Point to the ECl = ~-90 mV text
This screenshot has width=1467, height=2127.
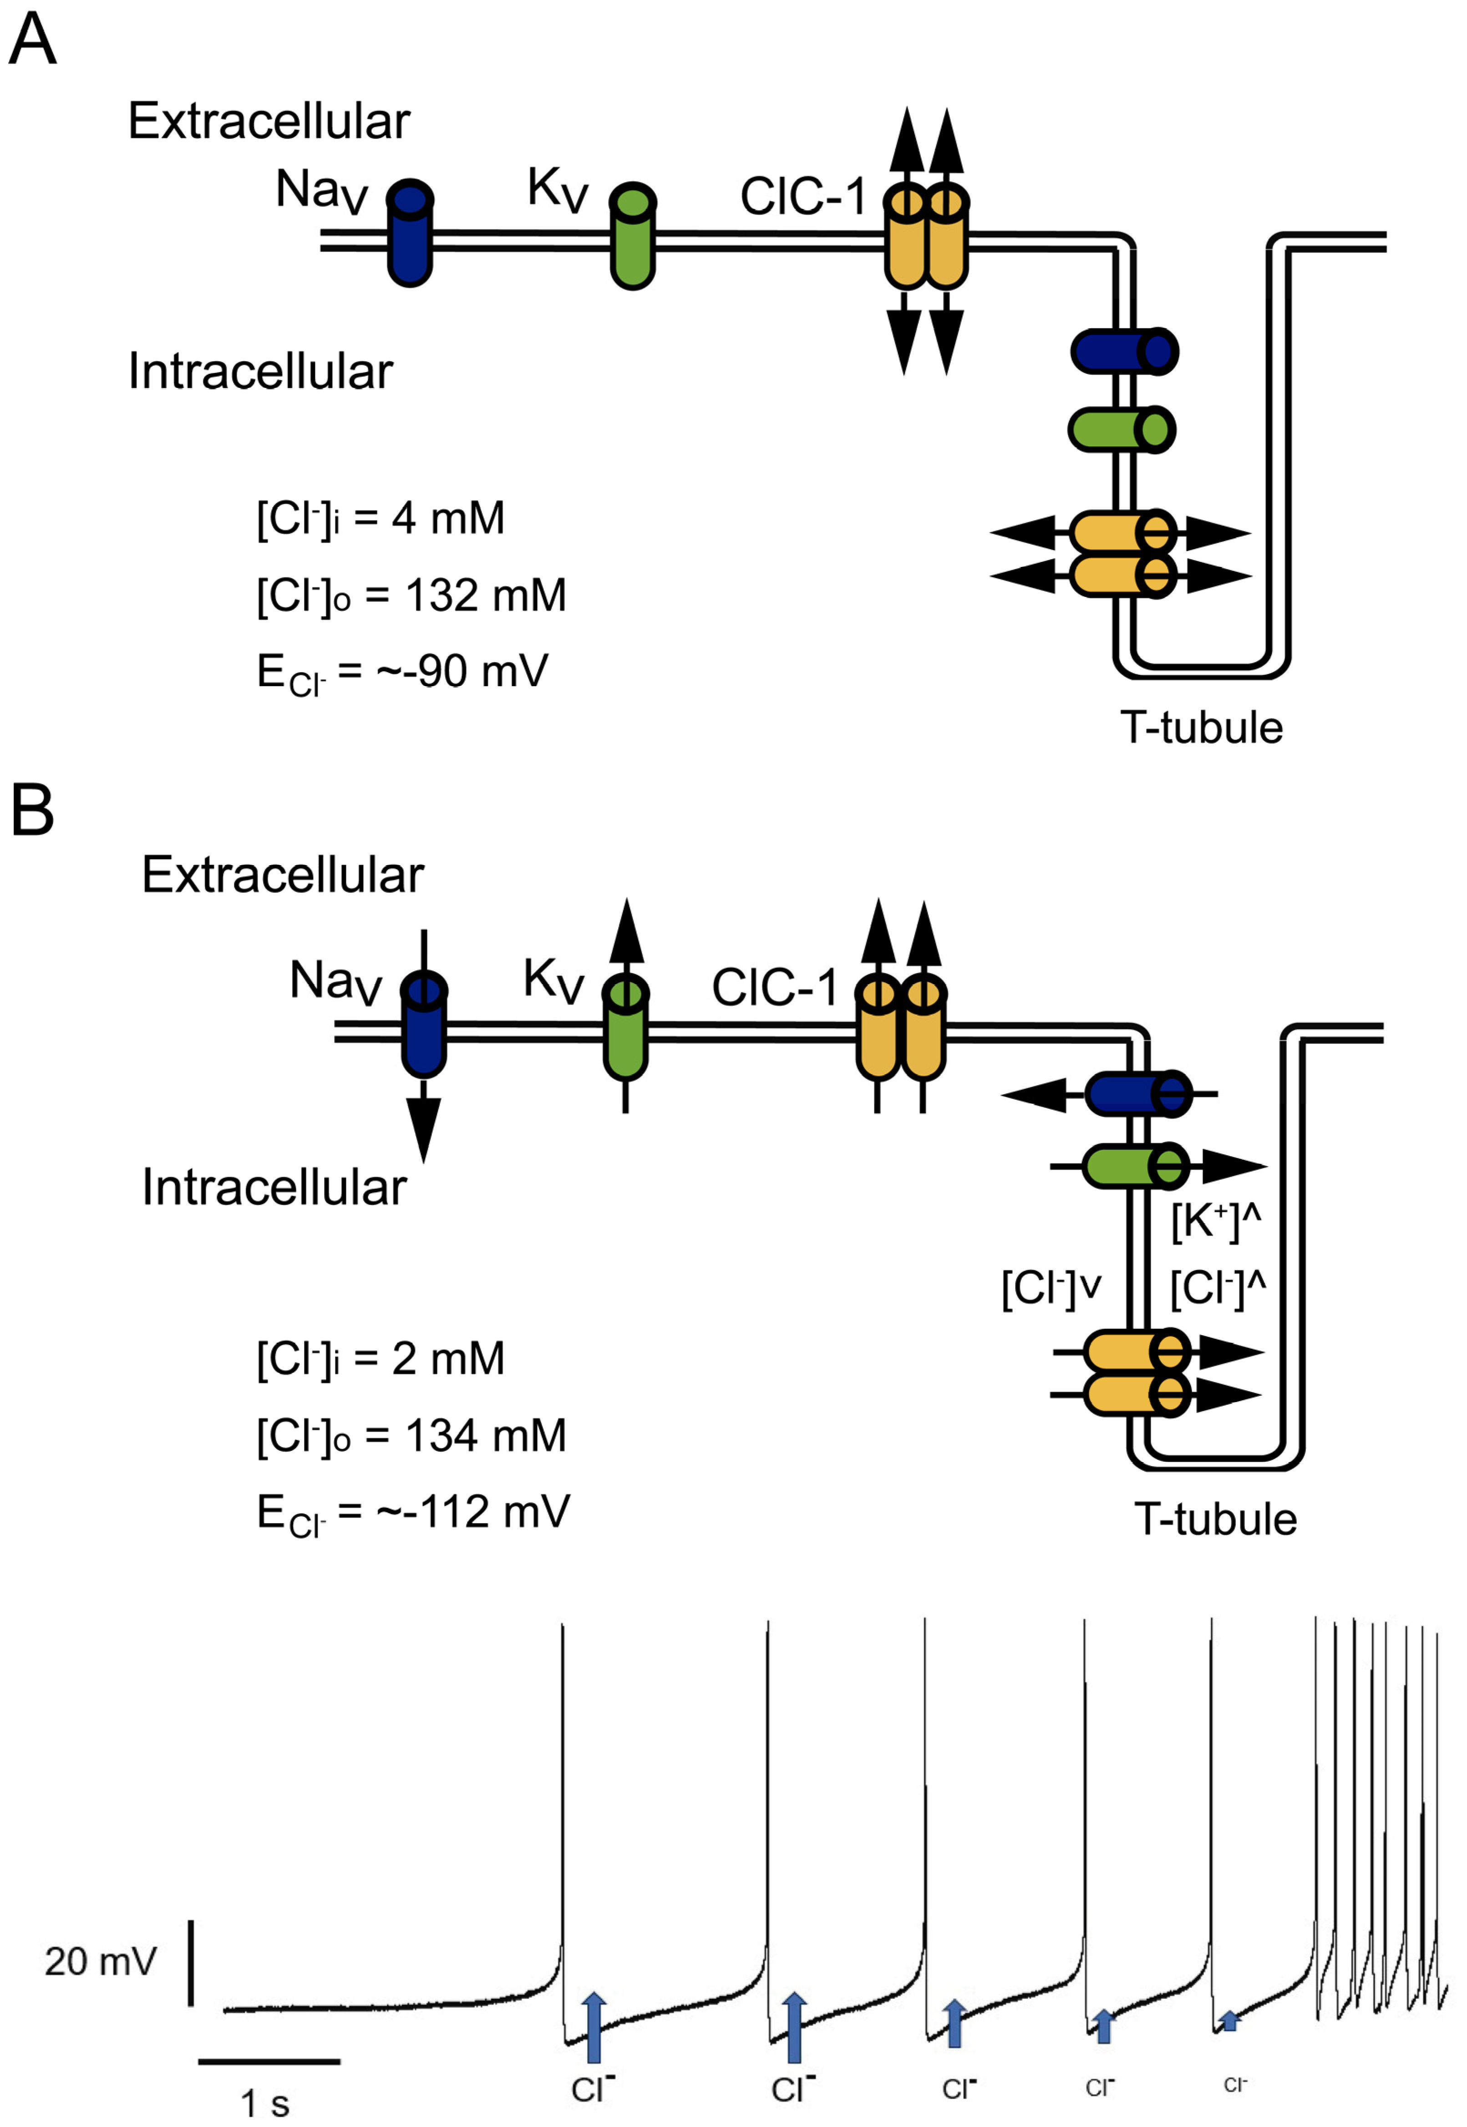[x=401, y=672]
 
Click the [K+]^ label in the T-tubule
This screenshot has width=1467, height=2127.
[x=1215, y=1221]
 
